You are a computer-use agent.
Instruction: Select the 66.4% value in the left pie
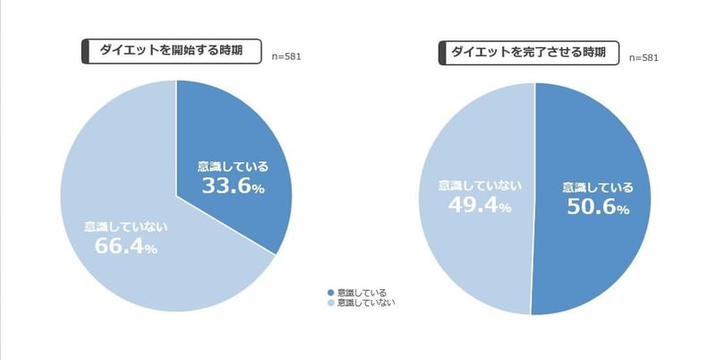click(x=125, y=245)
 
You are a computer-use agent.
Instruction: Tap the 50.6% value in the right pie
click(x=597, y=208)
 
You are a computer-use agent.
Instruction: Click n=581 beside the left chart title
click(x=286, y=56)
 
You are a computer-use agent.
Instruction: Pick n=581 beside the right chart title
click(x=644, y=58)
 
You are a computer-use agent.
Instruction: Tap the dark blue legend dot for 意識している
click(x=330, y=293)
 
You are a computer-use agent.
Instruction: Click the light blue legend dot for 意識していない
click(x=330, y=304)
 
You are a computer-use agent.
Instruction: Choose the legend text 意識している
click(x=361, y=293)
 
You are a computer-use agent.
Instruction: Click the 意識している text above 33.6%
click(x=233, y=166)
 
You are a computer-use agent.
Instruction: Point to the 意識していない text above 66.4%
click(x=126, y=226)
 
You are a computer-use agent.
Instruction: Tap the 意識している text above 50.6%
click(x=598, y=187)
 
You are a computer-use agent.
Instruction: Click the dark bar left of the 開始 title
click(x=86, y=51)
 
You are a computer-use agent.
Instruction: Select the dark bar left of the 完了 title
click(x=443, y=52)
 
